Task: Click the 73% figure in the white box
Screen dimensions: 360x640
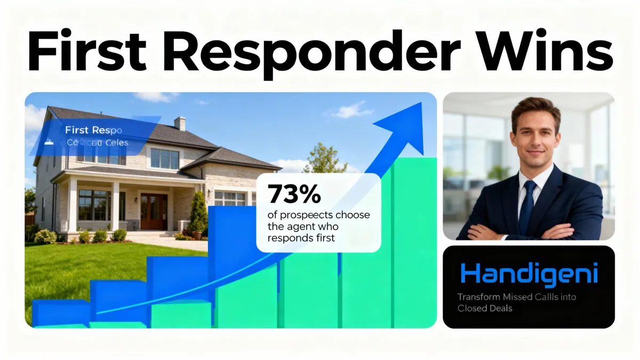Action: (x=294, y=195)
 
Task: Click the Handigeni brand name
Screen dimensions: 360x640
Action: (x=529, y=274)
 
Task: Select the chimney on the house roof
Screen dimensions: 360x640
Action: (x=180, y=124)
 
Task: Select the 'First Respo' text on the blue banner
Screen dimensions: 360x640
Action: (x=93, y=130)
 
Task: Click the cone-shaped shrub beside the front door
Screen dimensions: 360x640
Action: (x=198, y=213)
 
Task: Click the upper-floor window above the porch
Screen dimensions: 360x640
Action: (x=164, y=158)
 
